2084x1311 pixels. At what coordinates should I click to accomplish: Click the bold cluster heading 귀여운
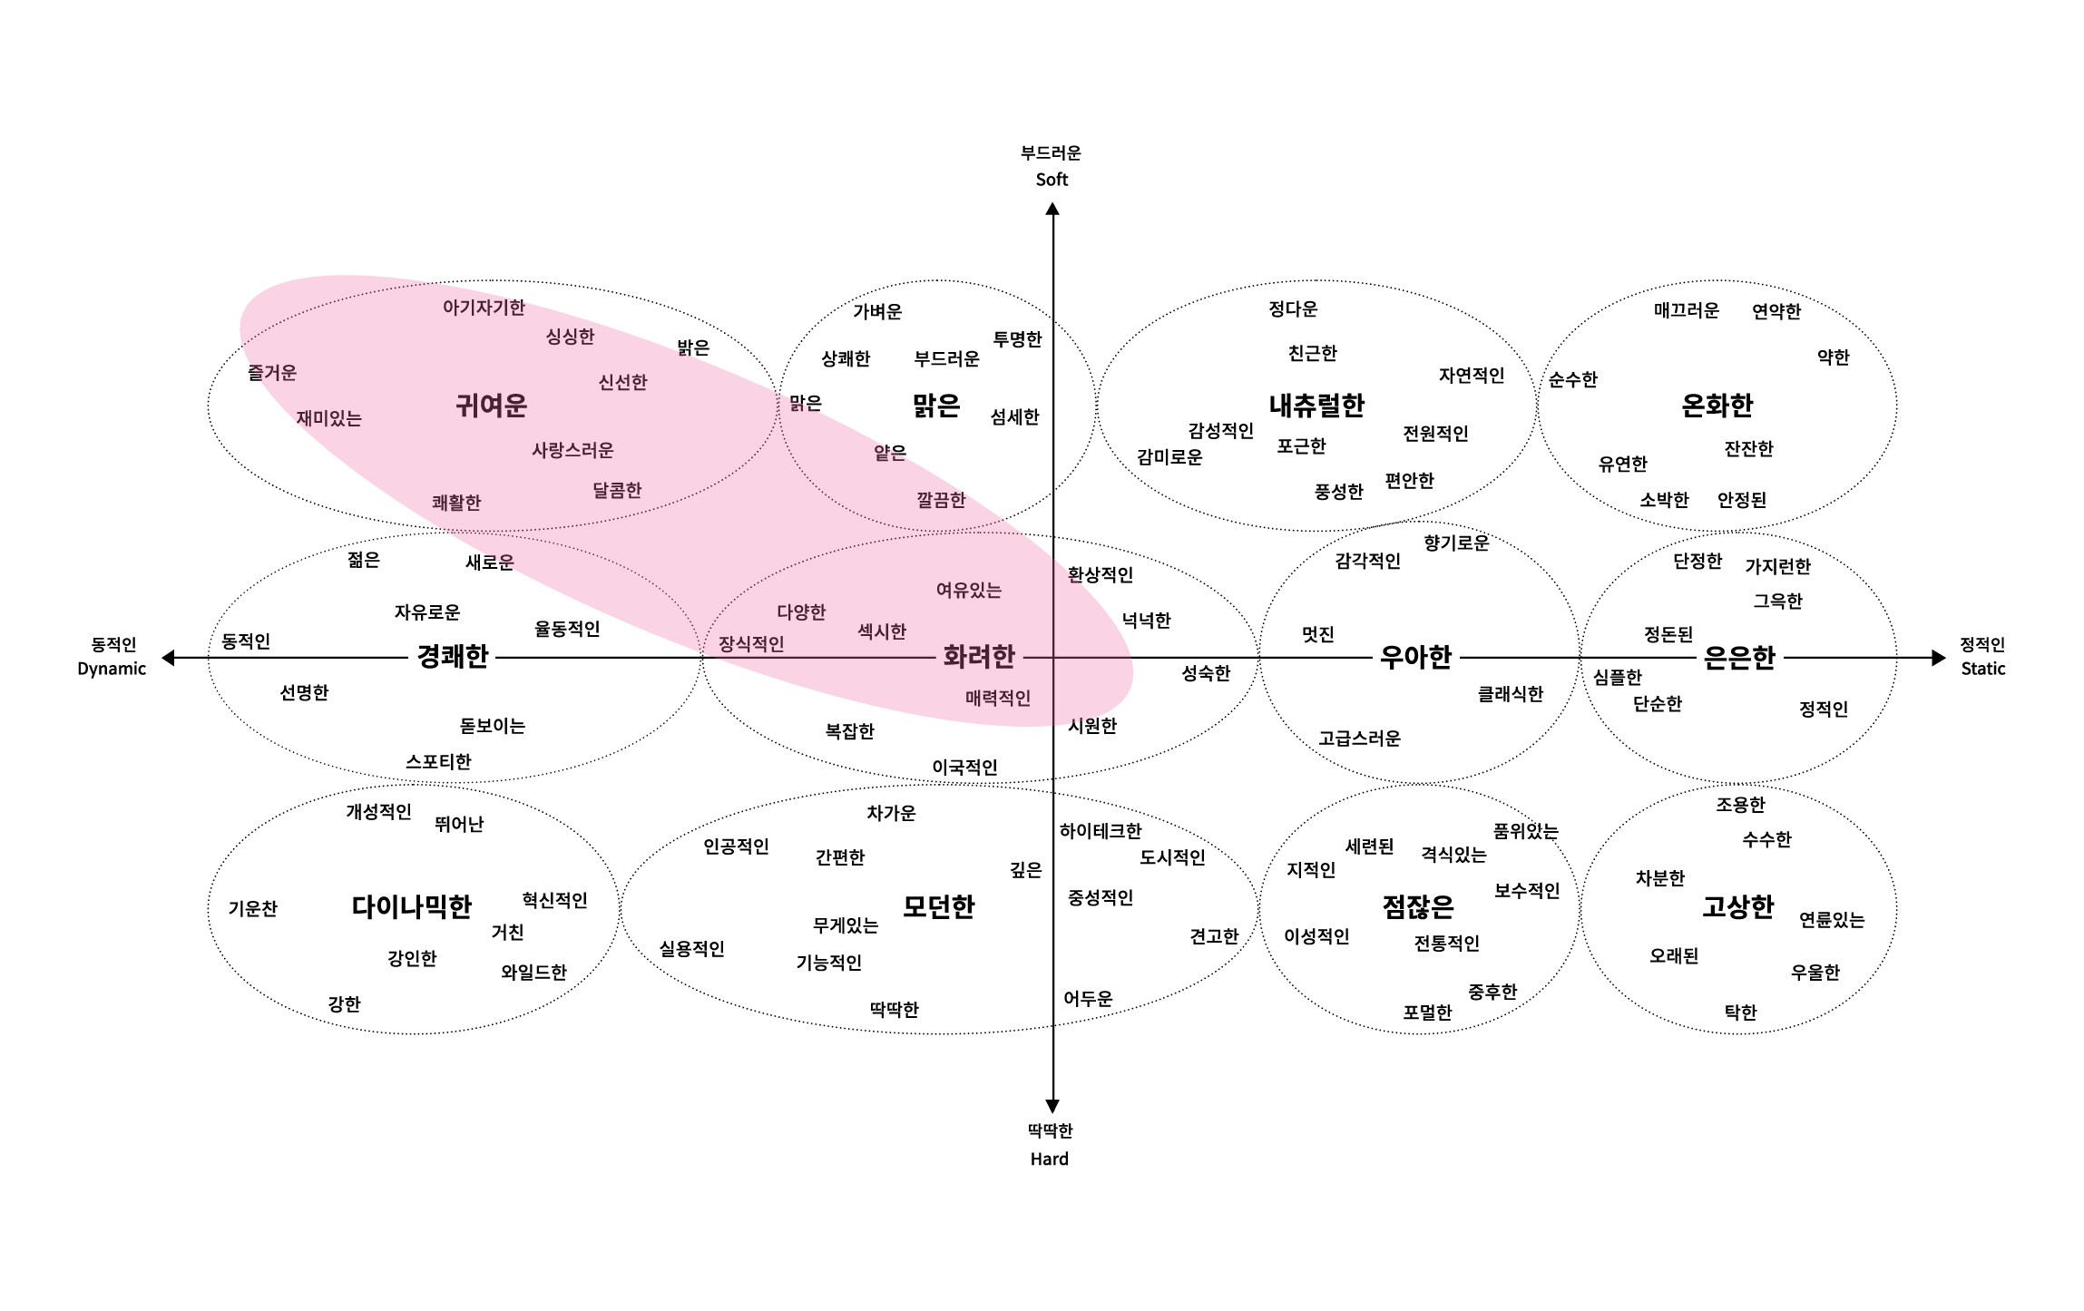tap(491, 405)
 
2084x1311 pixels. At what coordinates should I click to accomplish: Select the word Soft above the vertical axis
tap(1052, 180)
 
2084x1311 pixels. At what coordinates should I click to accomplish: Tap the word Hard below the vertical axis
tap(1049, 1159)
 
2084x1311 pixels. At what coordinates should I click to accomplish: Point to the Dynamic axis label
tap(112, 669)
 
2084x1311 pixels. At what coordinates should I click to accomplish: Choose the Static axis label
tap(1982, 669)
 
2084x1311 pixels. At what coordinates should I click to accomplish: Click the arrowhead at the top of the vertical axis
tap(1052, 208)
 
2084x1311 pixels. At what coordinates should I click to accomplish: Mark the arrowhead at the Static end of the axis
tap(1940, 658)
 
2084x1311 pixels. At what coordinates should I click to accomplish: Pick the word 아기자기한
tap(484, 308)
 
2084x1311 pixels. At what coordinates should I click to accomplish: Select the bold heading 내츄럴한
tap(1316, 405)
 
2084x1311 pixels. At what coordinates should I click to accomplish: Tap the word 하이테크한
tap(1101, 830)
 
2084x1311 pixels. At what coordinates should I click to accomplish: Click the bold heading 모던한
tap(938, 906)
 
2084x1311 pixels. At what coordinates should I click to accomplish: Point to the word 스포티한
tap(438, 761)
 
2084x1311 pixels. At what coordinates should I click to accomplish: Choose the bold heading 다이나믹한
tap(412, 906)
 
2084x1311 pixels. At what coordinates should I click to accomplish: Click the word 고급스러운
tap(1359, 739)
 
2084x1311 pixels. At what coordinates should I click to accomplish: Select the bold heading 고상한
tap(1737, 906)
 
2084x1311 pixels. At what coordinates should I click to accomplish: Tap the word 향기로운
tap(1456, 543)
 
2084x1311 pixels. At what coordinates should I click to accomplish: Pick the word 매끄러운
tap(1686, 310)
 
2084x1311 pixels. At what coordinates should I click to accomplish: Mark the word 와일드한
tap(533, 972)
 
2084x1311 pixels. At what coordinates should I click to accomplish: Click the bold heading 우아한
tap(1415, 657)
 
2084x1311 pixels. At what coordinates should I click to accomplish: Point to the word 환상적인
tap(1101, 574)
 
